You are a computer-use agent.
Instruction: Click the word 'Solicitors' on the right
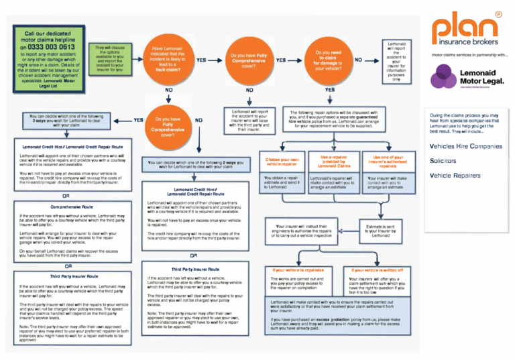pos(443,161)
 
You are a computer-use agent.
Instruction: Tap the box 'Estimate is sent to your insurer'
pos(381,231)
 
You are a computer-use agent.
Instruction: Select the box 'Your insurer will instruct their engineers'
pos(302,231)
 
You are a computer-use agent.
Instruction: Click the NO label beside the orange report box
pos(359,59)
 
